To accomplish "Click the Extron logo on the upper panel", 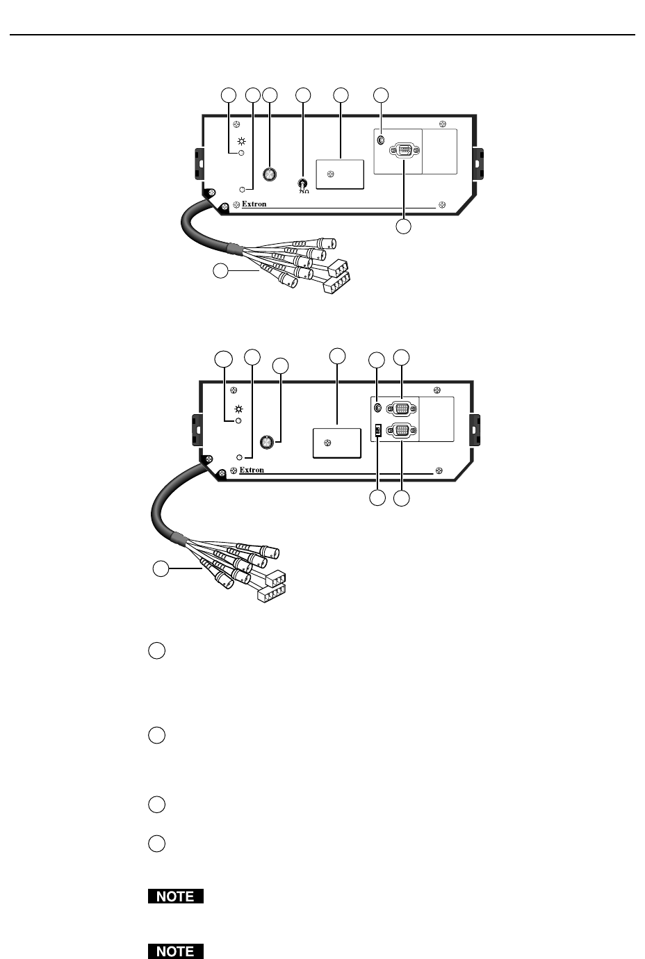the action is point(254,204).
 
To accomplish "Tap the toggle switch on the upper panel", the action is point(302,184).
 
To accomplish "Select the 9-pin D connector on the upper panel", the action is point(404,151).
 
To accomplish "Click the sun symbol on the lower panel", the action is point(238,409).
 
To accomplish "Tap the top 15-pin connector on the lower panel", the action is point(402,409).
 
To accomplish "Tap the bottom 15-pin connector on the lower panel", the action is point(402,432).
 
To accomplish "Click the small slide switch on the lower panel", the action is point(377,432).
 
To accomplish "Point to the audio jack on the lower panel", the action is point(377,408).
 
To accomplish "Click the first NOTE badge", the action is point(176,896).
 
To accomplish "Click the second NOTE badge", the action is point(176,951).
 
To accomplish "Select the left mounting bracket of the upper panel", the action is point(198,163).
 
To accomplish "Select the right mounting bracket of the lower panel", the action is point(476,429).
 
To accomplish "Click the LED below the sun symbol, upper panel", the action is point(241,153).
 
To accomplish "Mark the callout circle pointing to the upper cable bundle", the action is point(220,272).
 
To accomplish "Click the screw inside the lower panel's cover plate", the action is point(327,443).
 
